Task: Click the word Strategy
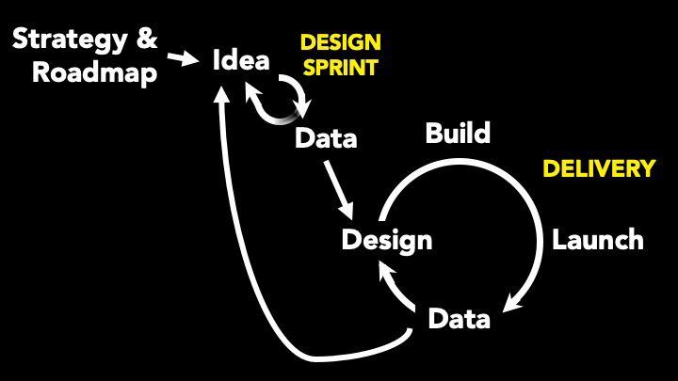70,40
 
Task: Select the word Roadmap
95,72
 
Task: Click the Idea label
241,59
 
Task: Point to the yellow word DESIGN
341,42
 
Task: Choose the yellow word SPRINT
341,68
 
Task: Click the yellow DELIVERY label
599,168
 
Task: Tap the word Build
458,133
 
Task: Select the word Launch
598,239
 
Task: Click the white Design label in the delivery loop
387,240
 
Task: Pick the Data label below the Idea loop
326,138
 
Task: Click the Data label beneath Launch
460,319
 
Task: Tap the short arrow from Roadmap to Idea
183,58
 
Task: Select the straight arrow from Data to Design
339,190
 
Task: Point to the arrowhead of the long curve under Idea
222,94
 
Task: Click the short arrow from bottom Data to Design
395,285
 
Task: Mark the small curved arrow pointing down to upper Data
296,96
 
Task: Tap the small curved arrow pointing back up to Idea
269,105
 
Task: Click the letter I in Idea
216,59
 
